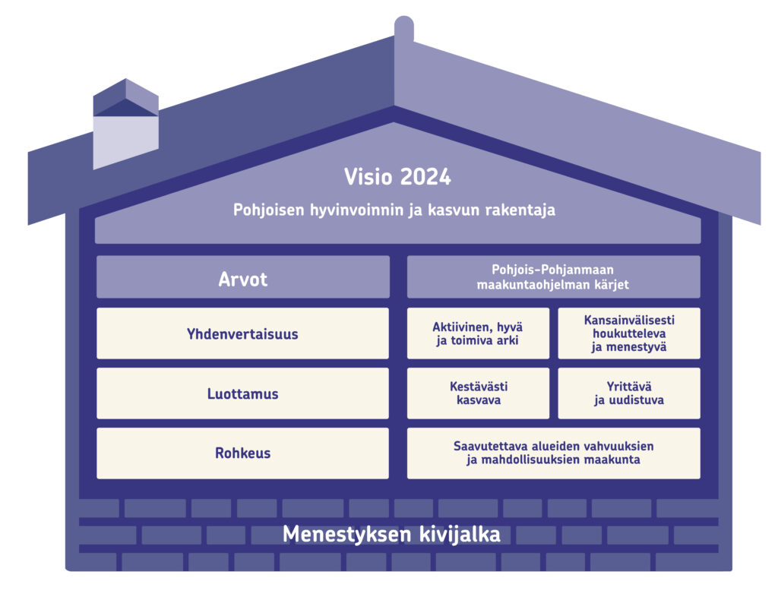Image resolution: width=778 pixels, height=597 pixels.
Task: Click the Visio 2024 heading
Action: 397,177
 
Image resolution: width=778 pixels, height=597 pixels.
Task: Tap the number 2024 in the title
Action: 425,177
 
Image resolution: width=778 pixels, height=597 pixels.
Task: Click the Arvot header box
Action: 243,276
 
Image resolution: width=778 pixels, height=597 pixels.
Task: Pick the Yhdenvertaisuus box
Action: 242,333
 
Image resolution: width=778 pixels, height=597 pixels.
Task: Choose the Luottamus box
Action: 242,393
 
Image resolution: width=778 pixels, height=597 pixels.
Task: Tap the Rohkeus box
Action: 242,453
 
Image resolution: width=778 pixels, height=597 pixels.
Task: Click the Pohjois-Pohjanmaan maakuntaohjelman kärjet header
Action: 554,276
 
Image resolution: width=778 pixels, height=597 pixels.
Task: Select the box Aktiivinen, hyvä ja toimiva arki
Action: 479,333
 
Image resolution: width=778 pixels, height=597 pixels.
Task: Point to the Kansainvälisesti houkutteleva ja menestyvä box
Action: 629,333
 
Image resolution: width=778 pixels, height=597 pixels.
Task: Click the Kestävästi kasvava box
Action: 479,393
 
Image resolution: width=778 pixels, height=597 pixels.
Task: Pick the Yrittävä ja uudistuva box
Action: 629,393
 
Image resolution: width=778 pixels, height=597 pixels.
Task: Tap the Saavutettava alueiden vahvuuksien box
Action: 554,453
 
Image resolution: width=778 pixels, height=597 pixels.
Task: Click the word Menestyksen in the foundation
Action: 347,535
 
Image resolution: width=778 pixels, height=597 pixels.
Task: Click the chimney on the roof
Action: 126,124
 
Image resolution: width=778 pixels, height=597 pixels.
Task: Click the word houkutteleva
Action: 629,333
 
